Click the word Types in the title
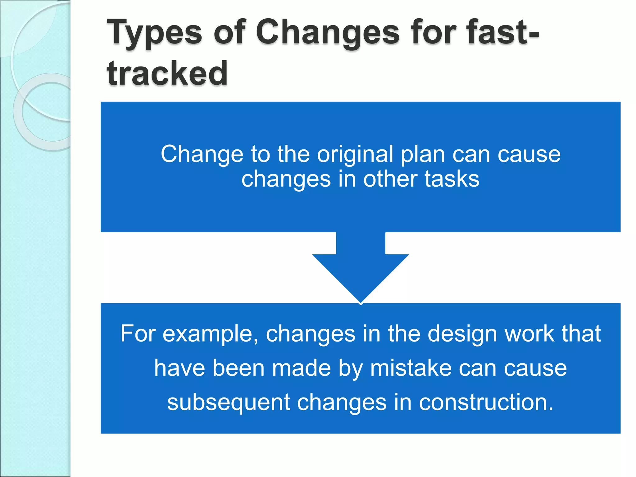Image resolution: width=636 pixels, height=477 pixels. [x=154, y=33]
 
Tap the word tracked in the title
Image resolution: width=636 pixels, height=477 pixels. [x=167, y=73]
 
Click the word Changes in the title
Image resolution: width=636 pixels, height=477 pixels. [x=328, y=32]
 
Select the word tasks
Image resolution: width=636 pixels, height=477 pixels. [x=452, y=179]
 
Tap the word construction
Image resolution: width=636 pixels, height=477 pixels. [x=486, y=402]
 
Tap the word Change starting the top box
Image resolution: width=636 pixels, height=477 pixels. [x=202, y=154]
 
